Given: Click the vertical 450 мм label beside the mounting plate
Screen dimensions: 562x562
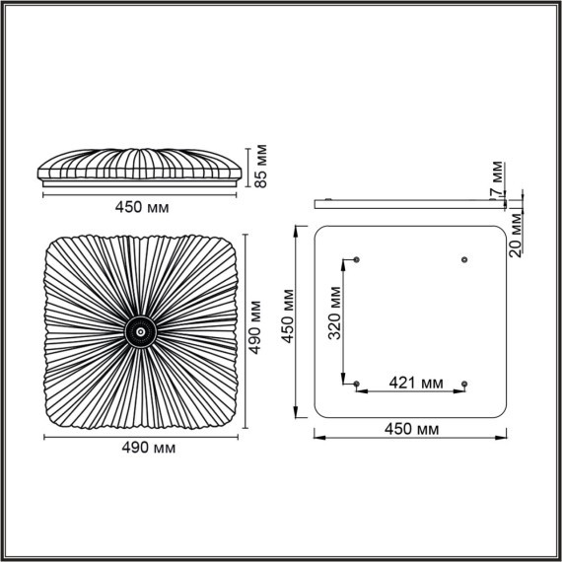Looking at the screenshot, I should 287,316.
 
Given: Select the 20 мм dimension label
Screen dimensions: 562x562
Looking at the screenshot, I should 515,235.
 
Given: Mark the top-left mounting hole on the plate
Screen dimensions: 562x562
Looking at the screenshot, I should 357,259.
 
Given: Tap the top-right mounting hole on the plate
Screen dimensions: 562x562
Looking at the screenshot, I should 464,259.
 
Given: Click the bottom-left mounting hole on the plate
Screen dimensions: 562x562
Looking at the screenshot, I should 357,383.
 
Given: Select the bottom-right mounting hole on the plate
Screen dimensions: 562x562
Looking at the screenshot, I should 464,383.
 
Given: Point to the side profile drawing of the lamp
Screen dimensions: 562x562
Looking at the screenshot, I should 141,168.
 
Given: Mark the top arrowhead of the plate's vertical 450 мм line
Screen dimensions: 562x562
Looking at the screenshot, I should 297,231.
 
